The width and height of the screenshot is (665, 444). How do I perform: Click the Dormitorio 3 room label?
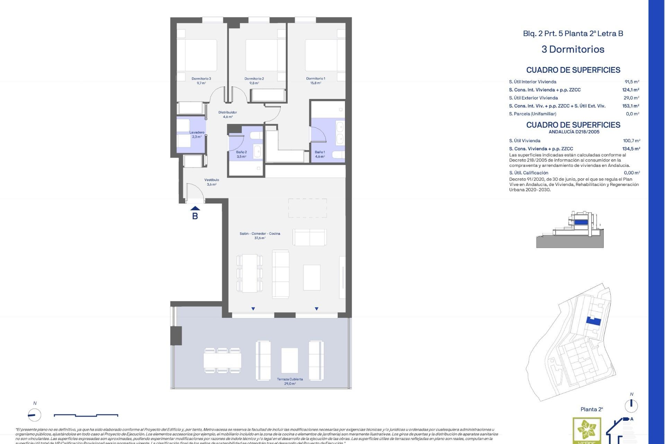pos(201,79)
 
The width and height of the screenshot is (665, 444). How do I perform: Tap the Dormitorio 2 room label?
pos(254,79)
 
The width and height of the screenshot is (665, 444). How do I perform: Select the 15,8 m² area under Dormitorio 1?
pos(316,83)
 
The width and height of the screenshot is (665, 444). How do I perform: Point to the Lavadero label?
pos(197,133)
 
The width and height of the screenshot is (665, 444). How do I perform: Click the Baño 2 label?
pos(241,152)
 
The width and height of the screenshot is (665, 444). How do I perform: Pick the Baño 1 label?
pos(320,152)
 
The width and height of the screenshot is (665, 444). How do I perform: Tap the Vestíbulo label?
pos(212,180)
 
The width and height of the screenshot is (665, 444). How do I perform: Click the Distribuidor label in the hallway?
pos(228,112)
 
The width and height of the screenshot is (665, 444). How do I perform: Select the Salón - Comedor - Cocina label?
pos(260,233)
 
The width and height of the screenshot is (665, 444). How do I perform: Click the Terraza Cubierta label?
pos(290,379)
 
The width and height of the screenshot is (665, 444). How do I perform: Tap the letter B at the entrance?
pos(195,216)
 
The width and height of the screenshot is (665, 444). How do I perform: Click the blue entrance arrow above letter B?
pos(195,208)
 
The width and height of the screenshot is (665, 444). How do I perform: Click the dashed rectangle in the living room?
pos(308,208)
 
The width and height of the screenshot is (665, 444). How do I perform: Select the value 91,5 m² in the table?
pos(632,82)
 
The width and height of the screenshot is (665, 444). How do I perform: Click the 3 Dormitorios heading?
pos(573,49)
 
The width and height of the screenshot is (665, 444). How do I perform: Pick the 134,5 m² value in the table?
pos(631,148)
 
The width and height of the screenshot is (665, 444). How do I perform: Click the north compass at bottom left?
pos(34,415)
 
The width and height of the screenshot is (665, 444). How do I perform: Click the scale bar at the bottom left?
pos(86,415)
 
